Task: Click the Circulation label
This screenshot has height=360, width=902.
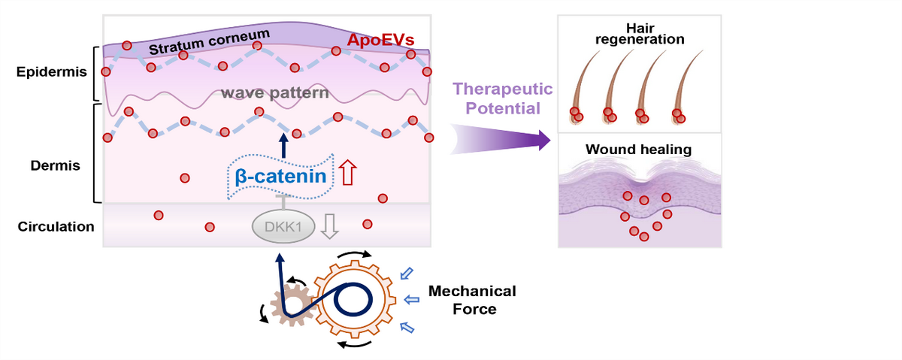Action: click(x=56, y=226)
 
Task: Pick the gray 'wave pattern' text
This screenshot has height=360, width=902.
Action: click(x=275, y=94)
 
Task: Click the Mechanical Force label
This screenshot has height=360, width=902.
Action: click(x=472, y=299)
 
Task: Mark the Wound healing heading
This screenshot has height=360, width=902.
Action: click(x=638, y=150)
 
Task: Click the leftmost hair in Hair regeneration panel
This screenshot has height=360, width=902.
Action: click(x=583, y=86)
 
